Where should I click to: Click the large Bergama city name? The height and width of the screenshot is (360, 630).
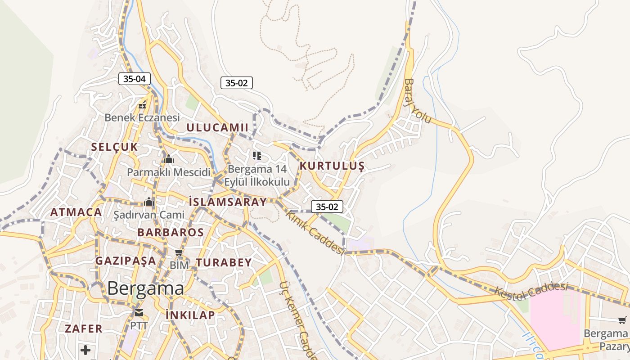pos(145,288)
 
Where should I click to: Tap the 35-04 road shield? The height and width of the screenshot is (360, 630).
pos(135,79)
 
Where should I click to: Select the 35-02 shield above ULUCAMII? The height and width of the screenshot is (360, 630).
pos(236,83)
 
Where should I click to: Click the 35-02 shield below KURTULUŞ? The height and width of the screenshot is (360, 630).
pos(327,207)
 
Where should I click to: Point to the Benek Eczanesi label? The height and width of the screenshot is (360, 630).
pos(142,117)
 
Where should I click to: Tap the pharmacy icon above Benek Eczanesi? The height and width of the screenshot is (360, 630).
pos(142,106)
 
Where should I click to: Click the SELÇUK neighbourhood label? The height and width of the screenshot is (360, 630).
pos(114,147)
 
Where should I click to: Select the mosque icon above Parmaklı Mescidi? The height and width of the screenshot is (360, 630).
pos(169,159)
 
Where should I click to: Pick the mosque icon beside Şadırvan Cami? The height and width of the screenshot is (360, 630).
pos(149,202)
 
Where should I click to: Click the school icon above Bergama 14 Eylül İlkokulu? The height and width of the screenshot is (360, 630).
pos(257,156)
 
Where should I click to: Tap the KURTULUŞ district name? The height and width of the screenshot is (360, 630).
pos(332,166)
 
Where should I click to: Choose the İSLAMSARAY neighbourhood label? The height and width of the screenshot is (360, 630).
pos(228,202)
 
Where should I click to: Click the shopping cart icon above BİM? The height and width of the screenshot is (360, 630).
pos(179,253)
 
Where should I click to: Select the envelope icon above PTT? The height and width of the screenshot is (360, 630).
pos(139,313)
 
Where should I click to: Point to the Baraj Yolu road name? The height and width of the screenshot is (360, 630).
pos(417,101)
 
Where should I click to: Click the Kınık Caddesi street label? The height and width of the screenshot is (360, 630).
pos(315,233)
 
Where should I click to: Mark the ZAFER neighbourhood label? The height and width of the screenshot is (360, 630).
pos(84,328)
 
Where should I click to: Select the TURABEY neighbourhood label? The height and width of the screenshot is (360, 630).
pos(224,263)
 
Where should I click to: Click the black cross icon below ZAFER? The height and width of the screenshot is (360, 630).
pos(85,350)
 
